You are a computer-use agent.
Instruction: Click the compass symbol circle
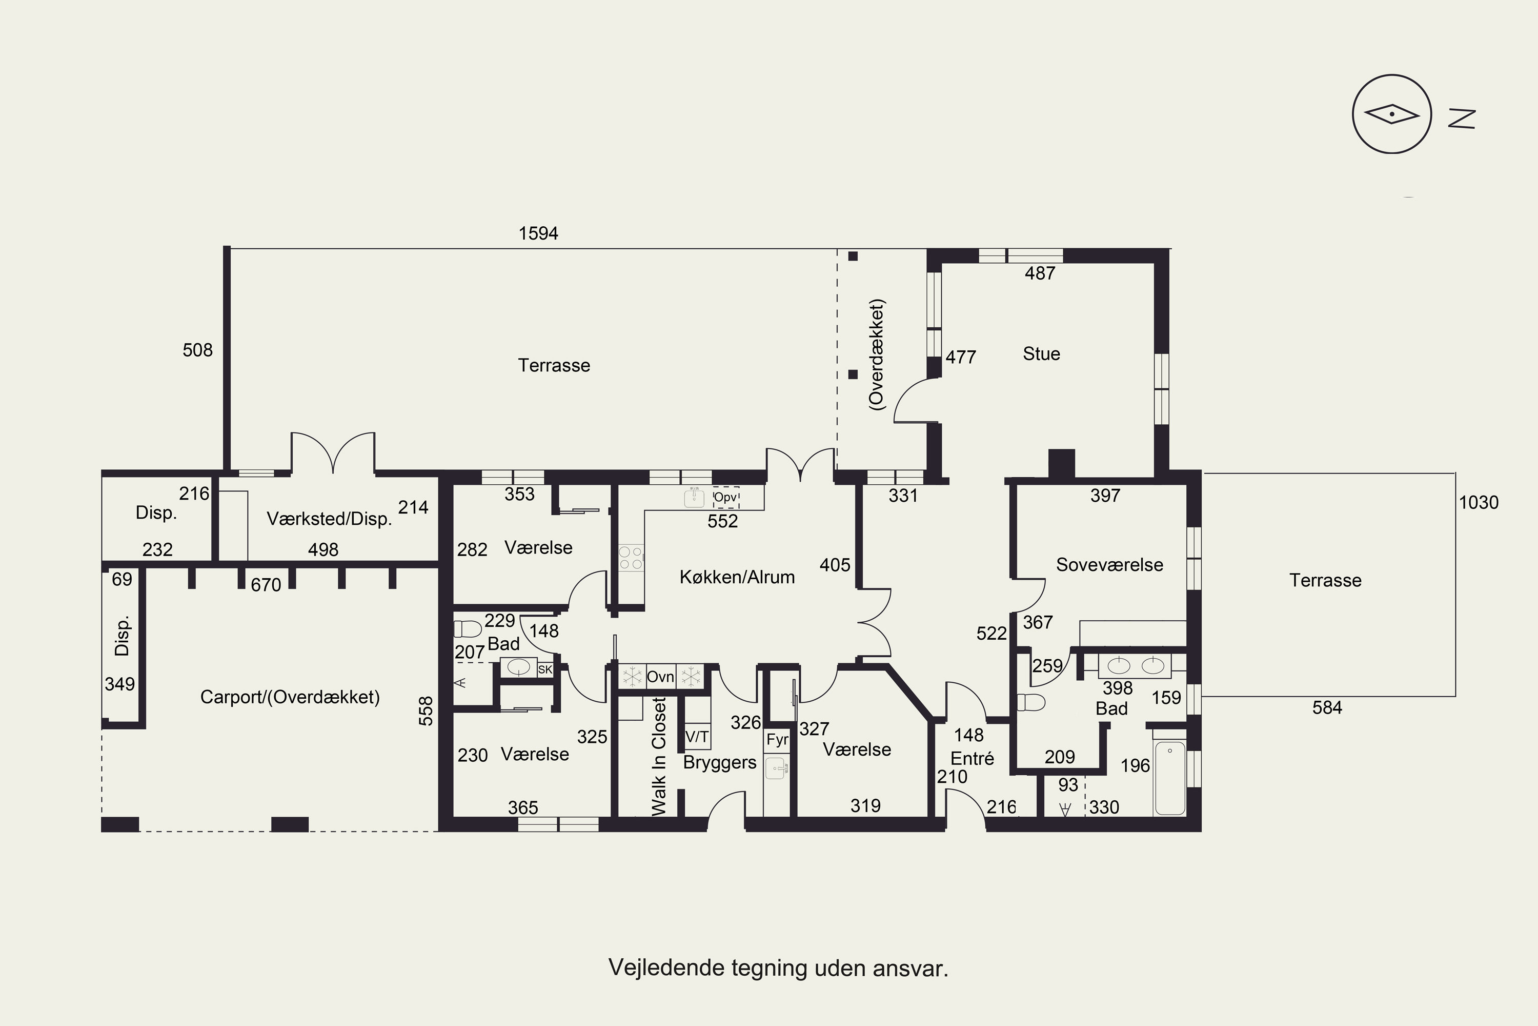[x=1392, y=76]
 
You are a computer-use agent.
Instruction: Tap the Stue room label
[x=1041, y=354]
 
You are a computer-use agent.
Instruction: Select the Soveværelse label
[x=1110, y=565]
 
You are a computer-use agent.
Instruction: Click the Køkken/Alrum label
[x=737, y=577]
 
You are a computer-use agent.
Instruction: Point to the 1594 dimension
[x=538, y=233]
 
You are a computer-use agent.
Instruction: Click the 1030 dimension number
[x=1479, y=503]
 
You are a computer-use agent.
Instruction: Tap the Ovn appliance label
[x=660, y=677]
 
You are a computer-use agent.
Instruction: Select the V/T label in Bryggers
[x=697, y=737]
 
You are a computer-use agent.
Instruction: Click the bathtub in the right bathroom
[x=1170, y=778]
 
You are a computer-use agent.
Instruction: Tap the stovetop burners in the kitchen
[x=631, y=558]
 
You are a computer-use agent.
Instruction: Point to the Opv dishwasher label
[x=725, y=497]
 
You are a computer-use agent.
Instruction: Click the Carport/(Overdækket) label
[x=290, y=698]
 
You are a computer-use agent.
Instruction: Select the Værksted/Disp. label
[x=329, y=519]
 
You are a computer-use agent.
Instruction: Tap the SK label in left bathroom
[x=544, y=669]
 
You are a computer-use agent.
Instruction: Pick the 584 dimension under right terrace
[x=1327, y=707]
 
